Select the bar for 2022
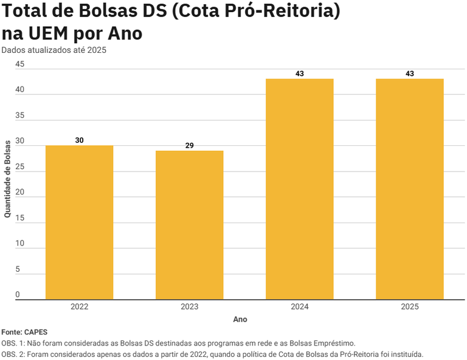(x=79, y=223)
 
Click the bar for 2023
(x=189, y=225)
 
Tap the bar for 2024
(x=299, y=189)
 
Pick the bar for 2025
(x=409, y=189)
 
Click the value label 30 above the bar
(x=79, y=140)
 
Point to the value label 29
(x=189, y=146)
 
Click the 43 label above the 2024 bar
(x=299, y=74)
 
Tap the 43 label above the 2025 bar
(x=409, y=74)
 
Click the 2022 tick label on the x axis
(x=79, y=307)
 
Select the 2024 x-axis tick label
(x=299, y=307)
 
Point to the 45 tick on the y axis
(x=20, y=64)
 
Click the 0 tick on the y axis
(x=18, y=295)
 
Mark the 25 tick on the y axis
(x=20, y=167)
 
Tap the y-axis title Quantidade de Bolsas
(x=8, y=179)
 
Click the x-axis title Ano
(x=240, y=319)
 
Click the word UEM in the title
(x=53, y=34)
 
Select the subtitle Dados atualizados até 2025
(x=54, y=50)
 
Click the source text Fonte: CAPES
(x=24, y=332)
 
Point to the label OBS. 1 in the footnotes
(x=13, y=343)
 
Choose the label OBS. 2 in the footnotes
(x=13, y=354)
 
